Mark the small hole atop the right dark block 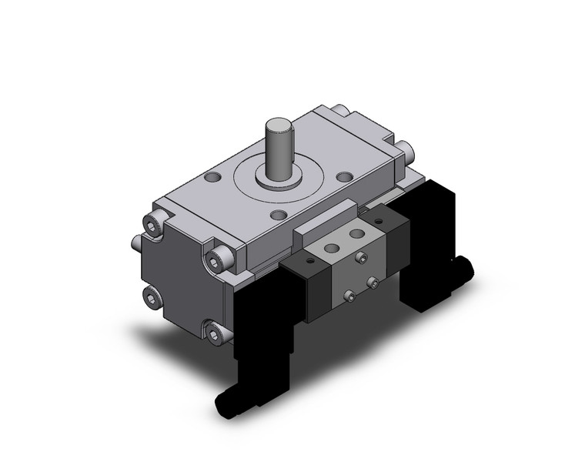pyautogui.click(x=385, y=219)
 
